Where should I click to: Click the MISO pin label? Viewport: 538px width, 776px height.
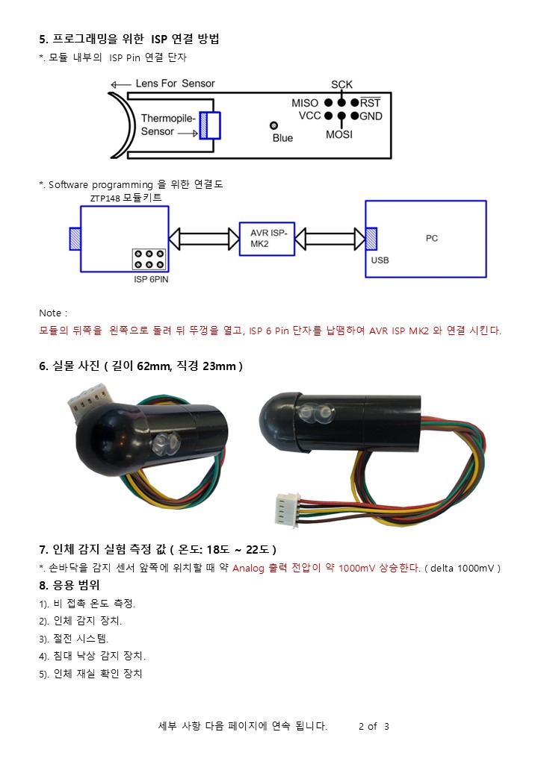pos(304,102)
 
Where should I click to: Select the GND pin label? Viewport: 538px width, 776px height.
pos(371,116)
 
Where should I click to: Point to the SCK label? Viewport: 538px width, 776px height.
pos(341,84)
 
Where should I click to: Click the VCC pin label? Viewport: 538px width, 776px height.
pos(309,116)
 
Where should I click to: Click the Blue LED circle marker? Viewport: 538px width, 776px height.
pos(274,125)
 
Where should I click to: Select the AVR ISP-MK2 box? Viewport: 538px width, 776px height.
pos(268,238)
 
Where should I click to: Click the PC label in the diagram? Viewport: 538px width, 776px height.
pos(432,238)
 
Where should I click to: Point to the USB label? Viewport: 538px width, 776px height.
pos(380,261)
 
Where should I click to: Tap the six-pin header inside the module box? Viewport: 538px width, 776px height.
pos(149,260)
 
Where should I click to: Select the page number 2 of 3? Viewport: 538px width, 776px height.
pos(374,726)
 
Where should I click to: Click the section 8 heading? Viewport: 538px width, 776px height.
pos(69,585)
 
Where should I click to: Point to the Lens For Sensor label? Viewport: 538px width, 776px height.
pos(175,84)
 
